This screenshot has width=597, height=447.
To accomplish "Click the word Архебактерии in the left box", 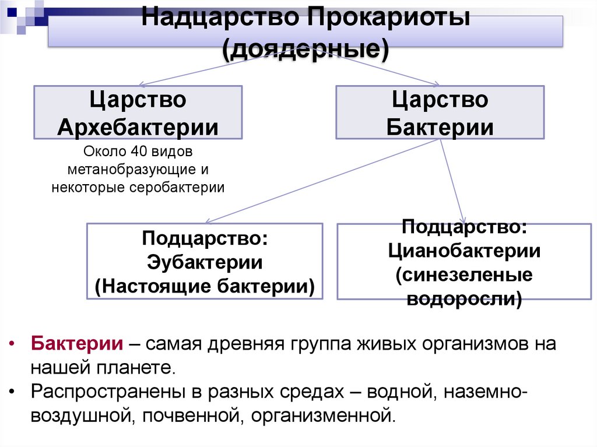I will click(138, 127).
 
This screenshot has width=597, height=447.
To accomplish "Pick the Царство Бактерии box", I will click(440, 112).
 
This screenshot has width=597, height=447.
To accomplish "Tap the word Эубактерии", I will click(204, 262).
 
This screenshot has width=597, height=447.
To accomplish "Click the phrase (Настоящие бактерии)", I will click(204, 286).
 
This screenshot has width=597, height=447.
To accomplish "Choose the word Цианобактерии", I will click(464, 252).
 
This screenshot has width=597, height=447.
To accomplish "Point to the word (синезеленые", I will click(464, 274).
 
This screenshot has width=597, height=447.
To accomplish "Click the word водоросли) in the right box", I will click(464, 298).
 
